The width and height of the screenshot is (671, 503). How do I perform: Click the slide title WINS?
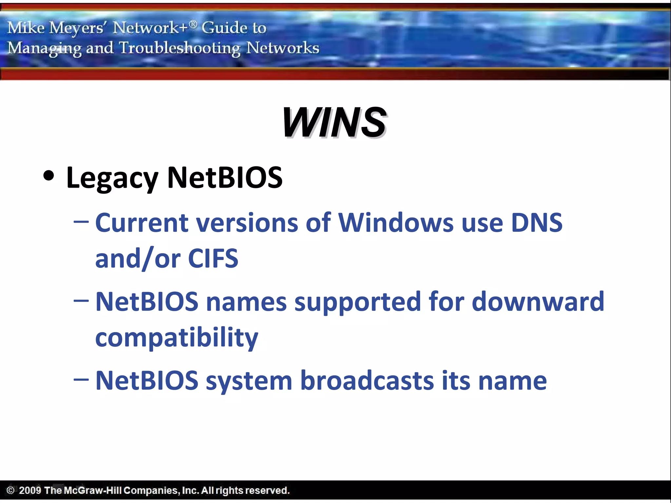click(x=334, y=122)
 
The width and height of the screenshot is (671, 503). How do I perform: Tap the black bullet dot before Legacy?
click(x=48, y=176)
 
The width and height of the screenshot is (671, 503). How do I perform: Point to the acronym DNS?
click(x=537, y=223)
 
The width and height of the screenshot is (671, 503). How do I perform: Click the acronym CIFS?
click(x=213, y=258)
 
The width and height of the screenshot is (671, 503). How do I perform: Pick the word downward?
click(x=538, y=302)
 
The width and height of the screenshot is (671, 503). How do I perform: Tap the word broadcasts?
click(x=367, y=381)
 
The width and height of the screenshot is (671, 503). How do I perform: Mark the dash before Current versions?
click(x=81, y=222)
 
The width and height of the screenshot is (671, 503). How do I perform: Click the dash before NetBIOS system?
click(x=81, y=380)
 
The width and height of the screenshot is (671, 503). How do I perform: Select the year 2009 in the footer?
click(x=30, y=490)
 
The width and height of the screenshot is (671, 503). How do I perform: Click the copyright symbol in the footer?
click(x=10, y=490)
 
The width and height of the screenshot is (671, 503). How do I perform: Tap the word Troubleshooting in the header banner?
click(x=180, y=48)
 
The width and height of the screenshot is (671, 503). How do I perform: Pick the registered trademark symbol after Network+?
click(x=193, y=24)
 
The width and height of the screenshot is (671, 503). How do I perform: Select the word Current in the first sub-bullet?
click(x=142, y=223)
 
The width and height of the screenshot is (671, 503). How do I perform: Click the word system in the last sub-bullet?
click(x=249, y=381)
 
